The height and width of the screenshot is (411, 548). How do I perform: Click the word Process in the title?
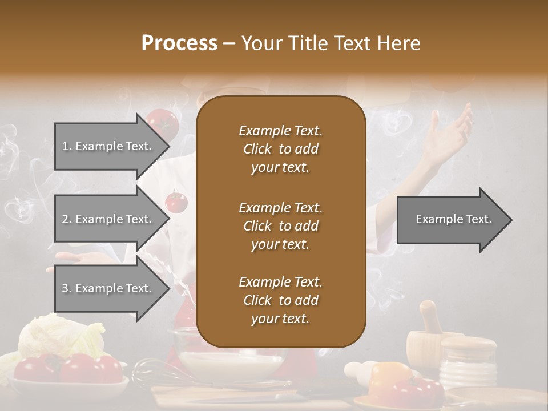(x=179, y=43)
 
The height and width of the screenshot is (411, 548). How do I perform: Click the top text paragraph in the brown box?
(x=280, y=149)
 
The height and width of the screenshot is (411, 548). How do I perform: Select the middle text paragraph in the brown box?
(x=280, y=226)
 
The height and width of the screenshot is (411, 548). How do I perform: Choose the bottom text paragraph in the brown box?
(x=280, y=300)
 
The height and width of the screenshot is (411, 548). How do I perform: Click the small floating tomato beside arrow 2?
(x=175, y=202)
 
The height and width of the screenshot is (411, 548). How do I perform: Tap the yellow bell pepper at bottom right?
(x=388, y=377)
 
